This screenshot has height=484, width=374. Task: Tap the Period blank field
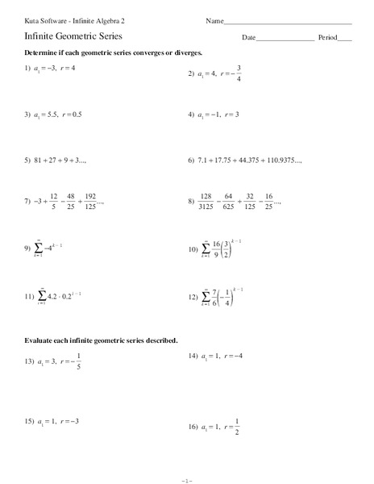tap(345, 39)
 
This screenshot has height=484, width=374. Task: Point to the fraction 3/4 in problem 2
tap(239, 73)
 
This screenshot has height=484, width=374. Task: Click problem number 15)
tap(28, 421)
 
